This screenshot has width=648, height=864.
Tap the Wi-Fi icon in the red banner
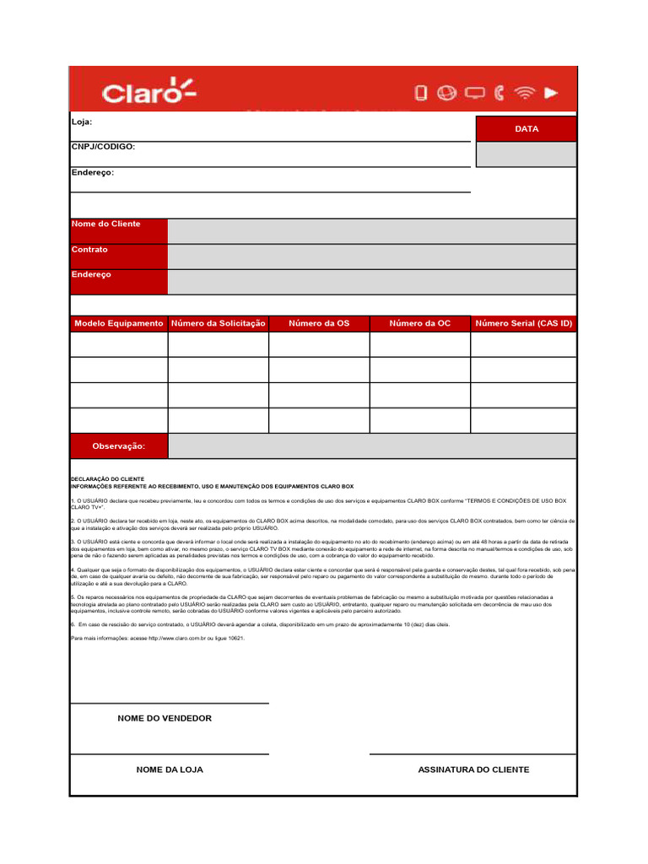(525, 93)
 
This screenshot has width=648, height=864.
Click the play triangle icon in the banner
(551, 93)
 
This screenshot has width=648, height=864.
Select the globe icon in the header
(447, 93)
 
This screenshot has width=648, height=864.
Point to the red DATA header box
(526, 129)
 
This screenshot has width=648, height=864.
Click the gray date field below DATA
(526, 154)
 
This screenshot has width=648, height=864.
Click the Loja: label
(82, 122)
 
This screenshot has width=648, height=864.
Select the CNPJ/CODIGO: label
(103, 147)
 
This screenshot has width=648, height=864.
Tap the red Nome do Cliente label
(105, 224)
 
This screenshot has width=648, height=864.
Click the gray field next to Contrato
(371, 256)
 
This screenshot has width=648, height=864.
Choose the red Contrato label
(89, 251)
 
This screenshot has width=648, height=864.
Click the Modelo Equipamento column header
(119, 324)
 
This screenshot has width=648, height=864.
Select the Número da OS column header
(319, 324)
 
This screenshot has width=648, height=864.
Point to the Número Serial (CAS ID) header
(524, 324)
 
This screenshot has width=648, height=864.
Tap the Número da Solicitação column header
(219, 324)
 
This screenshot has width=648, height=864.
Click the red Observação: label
(119, 446)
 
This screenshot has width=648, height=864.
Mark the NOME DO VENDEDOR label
(165, 719)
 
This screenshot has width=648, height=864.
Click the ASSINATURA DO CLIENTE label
(473, 769)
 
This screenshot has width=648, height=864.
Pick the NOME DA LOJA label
(170, 769)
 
